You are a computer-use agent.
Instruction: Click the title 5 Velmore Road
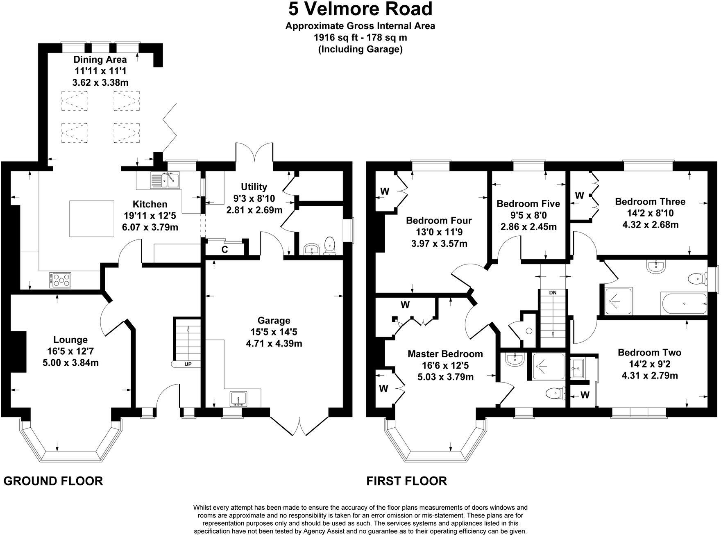360,9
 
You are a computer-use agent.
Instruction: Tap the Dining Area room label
100,59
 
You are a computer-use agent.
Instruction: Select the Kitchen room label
150,204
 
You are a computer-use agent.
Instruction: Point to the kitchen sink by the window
165,180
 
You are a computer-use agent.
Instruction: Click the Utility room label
254,187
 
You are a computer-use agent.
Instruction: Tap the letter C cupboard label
225,249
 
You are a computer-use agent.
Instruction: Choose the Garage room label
274,321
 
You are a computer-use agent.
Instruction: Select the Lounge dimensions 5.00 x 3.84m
70,362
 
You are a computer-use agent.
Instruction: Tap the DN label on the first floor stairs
553,293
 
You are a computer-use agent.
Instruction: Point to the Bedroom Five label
528,204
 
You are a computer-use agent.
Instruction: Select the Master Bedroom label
445,354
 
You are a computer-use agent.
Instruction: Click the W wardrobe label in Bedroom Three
579,196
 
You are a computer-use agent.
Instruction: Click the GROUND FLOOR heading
53,481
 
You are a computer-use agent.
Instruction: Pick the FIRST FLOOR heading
406,481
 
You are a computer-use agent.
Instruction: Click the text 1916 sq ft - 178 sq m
360,38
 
